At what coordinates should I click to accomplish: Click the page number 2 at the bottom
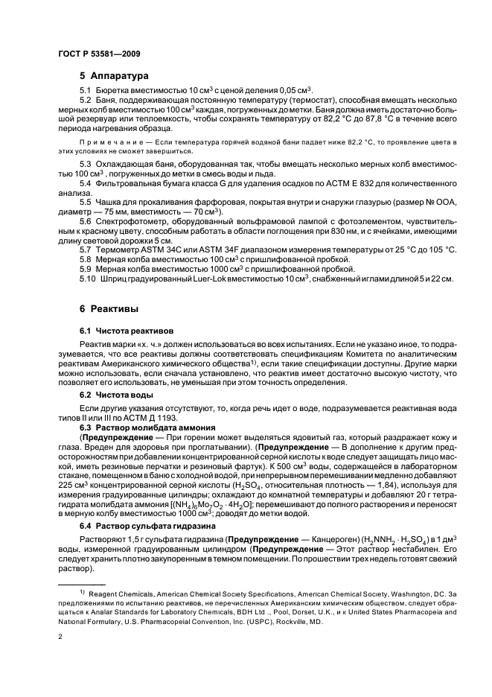[x=60, y=637]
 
